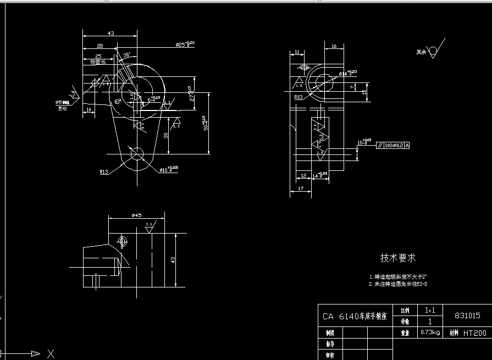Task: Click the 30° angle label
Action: (126, 56)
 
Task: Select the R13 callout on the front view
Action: (104, 171)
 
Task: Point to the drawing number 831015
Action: (467, 316)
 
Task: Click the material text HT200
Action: (474, 333)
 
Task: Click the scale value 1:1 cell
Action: (429, 311)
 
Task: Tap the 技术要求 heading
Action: (398, 258)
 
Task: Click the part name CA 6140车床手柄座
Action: (355, 317)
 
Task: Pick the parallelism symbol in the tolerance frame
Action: (380, 146)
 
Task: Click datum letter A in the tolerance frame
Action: (407, 146)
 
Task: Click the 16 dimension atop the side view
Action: (334, 47)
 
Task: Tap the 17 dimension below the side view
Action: (300, 189)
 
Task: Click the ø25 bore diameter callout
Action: (185, 44)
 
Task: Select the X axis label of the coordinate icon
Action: (51, 353)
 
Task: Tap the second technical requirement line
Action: (398, 285)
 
